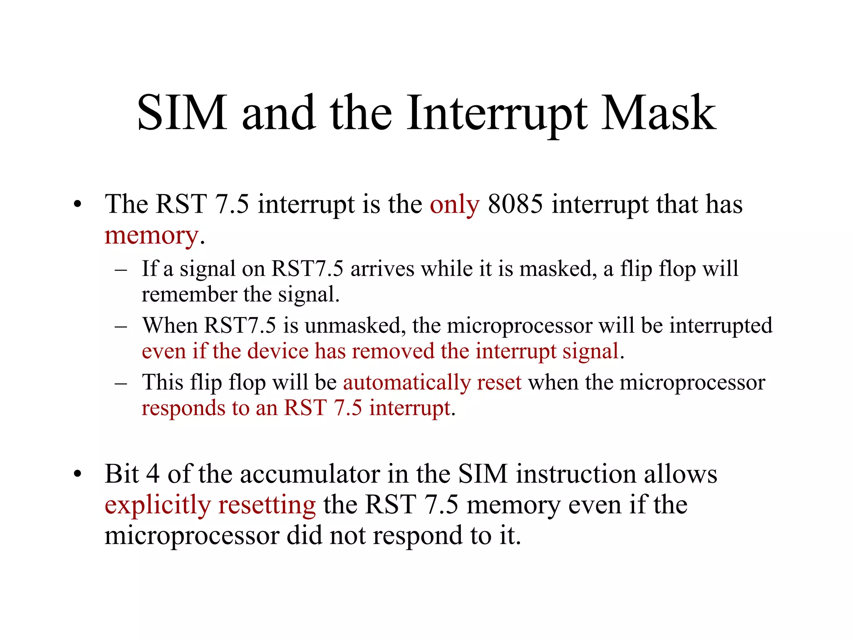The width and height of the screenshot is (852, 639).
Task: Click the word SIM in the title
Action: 182,113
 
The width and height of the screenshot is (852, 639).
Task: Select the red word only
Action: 454,205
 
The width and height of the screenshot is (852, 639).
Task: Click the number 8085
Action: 515,204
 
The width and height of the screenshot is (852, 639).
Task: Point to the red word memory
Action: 151,236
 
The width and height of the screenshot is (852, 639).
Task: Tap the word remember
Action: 189,294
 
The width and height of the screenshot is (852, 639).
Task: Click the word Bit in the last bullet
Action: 121,474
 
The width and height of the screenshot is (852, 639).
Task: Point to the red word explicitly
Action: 158,505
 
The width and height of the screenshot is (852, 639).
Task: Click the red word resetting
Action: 267,505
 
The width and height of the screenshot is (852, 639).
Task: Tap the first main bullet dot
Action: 77,205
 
